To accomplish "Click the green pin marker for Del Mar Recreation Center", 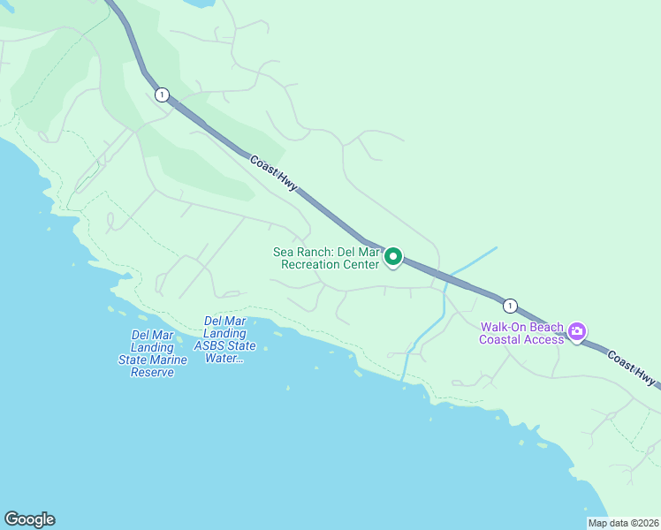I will [393, 257].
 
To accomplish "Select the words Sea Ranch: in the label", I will [302, 252].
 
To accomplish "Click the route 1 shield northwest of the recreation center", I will [162, 95].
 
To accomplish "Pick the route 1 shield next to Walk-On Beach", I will [510, 306].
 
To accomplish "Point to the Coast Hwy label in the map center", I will [274, 174].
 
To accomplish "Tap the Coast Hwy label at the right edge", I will [633, 367].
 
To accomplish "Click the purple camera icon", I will [577, 332].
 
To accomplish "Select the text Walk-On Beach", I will [521, 326].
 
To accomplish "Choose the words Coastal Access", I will [521, 339].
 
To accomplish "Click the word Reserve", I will [152, 373].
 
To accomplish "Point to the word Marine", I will [169, 360].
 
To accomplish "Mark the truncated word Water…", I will [226, 358].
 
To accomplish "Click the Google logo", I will [29, 519].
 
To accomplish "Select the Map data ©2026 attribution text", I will [624, 523].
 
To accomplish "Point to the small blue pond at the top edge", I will [199, 4].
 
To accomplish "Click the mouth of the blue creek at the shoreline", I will [402, 378].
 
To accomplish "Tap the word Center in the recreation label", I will [362, 265].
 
